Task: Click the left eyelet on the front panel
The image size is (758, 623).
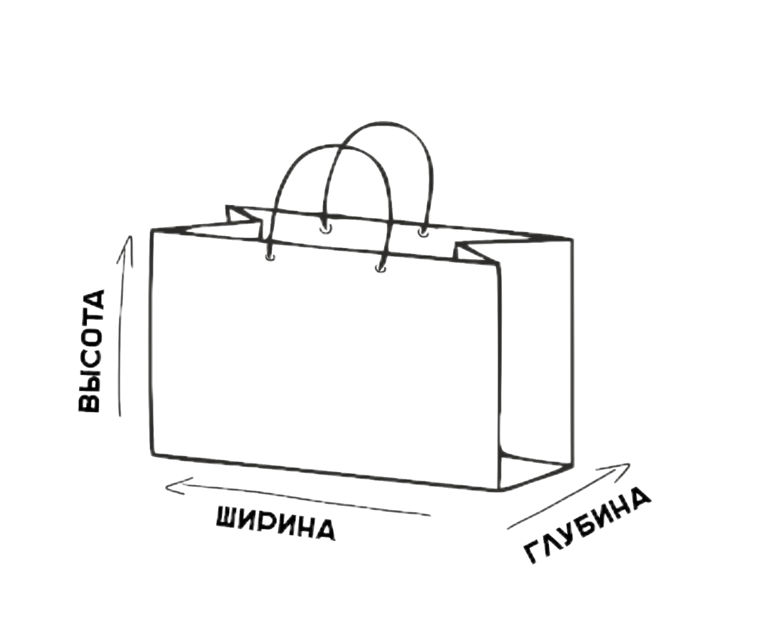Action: pyautogui.click(x=271, y=257)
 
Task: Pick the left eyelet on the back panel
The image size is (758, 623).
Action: pyautogui.click(x=324, y=229)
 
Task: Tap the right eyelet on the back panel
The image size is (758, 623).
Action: pyautogui.click(x=423, y=233)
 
